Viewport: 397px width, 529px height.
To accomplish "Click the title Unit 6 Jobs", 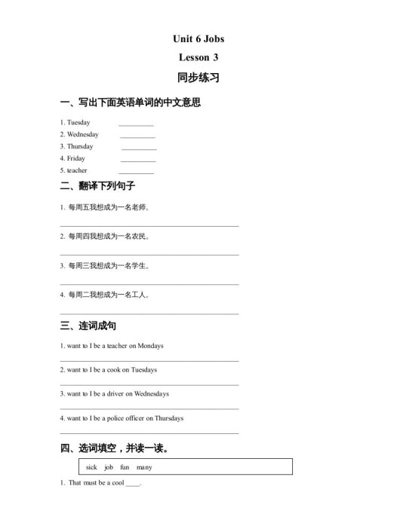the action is [x=198, y=39].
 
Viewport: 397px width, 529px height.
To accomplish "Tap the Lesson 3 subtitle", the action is [x=198, y=57].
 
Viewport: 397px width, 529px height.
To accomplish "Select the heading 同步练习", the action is [x=198, y=78].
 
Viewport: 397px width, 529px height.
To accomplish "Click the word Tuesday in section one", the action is [x=78, y=122].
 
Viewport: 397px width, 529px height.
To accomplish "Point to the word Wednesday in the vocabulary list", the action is [x=82, y=134].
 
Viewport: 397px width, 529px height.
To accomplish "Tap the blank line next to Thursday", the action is [x=139, y=148].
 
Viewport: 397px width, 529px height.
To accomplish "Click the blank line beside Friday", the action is [x=138, y=161].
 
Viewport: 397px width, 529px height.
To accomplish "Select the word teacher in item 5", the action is [x=77, y=170].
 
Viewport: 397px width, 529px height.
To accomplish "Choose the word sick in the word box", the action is [x=92, y=467].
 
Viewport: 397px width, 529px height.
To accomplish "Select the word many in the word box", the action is [x=144, y=467].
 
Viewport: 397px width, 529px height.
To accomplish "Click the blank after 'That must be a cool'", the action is [x=133, y=484].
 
